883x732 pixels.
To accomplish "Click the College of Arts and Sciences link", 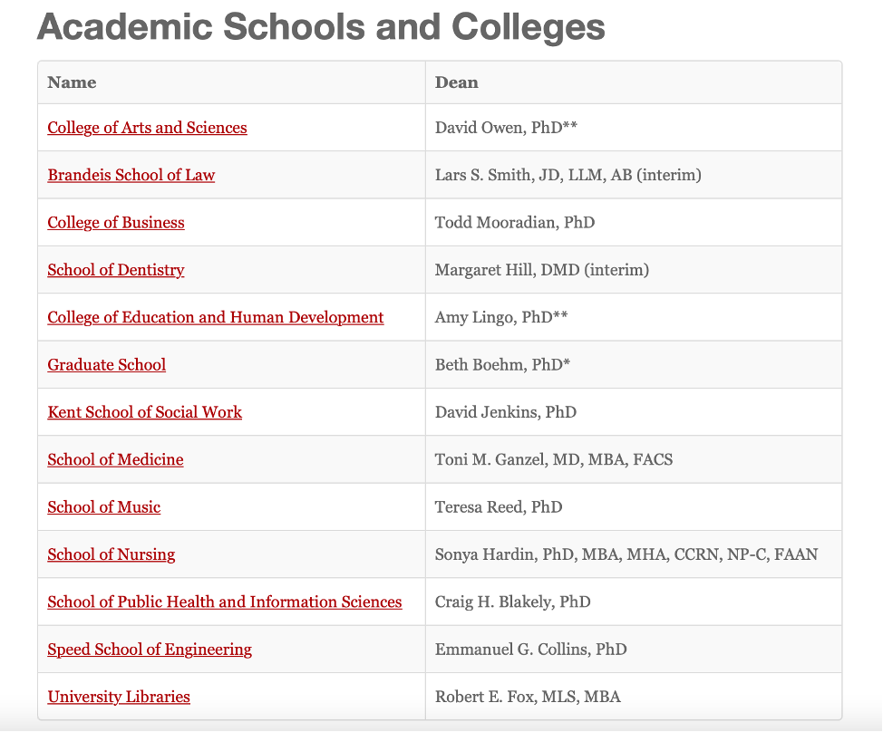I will click(x=147, y=128).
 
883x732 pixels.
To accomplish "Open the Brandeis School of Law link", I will click(x=131, y=175).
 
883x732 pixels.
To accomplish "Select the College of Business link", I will click(x=116, y=223).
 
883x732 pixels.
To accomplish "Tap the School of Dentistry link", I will click(x=116, y=270).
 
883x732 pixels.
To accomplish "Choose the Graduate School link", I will click(x=107, y=365).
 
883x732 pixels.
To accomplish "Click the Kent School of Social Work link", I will click(x=145, y=412).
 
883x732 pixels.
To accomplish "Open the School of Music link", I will click(x=104, y=507).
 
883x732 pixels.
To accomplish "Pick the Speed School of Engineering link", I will click(x=150, y=650).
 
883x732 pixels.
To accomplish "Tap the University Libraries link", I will click(x=119, y=697).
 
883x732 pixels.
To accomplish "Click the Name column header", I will click(x=72, y=82).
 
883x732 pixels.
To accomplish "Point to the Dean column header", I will click(x=457, y=82).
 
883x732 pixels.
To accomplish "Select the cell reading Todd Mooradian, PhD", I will click(x=515, y=223).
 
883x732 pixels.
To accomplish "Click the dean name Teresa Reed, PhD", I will click(x=499, y=507).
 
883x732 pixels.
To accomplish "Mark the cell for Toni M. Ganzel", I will click(x=554, y=460).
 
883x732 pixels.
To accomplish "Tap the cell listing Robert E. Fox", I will click(x=528, y=697).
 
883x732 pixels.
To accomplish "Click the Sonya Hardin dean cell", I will click(x=626, y=554).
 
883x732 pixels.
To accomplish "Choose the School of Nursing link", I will click(x=112, y=554).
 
